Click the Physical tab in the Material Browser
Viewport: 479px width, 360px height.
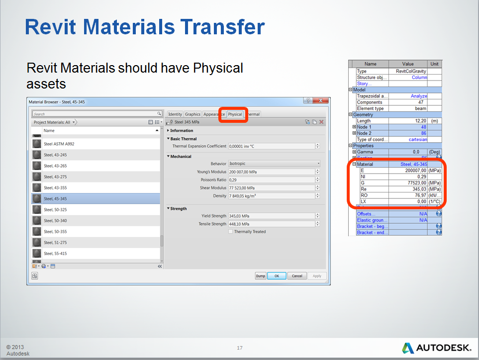point(235,114)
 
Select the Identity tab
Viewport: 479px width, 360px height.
point(175,114)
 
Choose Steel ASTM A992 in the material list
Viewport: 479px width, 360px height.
point(59,144)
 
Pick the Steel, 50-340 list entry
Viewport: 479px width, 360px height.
point(55,220)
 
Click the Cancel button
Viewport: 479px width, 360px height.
point(296,276)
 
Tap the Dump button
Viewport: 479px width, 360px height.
point(261,276)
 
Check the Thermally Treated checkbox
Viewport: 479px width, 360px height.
point(230,232)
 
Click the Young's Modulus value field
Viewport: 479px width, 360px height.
point(271,172)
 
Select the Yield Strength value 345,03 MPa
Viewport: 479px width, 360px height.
point(271,216)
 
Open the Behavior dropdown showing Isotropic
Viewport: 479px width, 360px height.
point(274,164)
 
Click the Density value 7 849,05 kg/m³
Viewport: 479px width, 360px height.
point(271,196)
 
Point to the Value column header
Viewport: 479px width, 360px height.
point(408,64)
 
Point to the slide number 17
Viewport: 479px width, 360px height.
point(240,348)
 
